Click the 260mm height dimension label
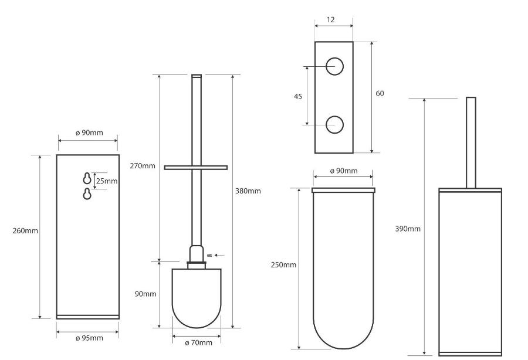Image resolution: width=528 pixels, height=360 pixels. coord(25,231)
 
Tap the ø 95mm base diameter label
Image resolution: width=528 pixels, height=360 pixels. coord(89,338)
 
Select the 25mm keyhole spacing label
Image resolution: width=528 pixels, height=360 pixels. coord(107,181)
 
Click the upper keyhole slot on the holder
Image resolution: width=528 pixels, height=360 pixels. coord(87,178)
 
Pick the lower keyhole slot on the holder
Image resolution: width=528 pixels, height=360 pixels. coord(87,194)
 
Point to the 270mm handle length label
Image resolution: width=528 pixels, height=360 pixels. coord(143,165)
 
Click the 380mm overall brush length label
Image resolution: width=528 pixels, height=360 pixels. coord(248,191)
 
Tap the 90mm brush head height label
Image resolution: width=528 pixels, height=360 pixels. coord(145,294)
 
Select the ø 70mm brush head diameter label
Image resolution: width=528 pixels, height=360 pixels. coord(199,343)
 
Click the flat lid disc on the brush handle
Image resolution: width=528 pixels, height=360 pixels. coord(195,168)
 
